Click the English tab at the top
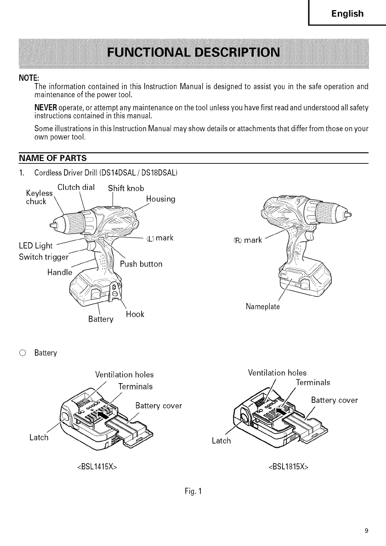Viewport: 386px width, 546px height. pos(347,14)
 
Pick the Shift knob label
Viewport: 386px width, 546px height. pos(126,188)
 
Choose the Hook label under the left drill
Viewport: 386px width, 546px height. pos(135,314)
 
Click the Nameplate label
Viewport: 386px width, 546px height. pos(263,306)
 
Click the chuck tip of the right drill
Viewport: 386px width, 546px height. pos(349,215)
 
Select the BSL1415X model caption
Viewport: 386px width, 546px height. pos(96,468)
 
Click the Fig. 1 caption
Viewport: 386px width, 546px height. pos(193,491)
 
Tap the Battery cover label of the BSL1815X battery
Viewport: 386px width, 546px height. pos(334,400)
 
